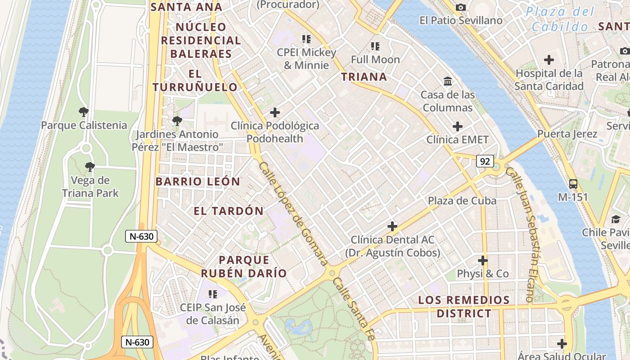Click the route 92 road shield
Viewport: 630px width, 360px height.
(485, 161)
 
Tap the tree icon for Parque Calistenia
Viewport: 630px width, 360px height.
(83, 112)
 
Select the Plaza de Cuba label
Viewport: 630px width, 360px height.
(462, 201)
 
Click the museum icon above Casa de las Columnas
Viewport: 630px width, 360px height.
(448, 81)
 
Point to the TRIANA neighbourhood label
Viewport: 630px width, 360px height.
(364, 76)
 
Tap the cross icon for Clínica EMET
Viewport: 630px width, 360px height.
(458, 126)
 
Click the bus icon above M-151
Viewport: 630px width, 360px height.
(573, 184)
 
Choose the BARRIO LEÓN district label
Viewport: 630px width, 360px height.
(198, 182)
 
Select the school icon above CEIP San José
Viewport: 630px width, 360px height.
(213, 294)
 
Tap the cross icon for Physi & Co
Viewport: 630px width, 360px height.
(483, 261)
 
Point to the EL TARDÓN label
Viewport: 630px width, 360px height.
(229, 211)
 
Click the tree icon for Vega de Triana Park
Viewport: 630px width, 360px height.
(90, 167)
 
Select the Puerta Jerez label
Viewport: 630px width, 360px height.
(567, 134)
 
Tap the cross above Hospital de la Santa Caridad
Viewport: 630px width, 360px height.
(549, 59)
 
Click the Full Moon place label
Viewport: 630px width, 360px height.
(375, 59)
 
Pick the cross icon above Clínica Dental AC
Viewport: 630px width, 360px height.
(392, 226)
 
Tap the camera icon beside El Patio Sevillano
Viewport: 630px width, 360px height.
(460, 7)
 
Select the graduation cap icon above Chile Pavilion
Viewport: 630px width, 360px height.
(615, 219)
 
